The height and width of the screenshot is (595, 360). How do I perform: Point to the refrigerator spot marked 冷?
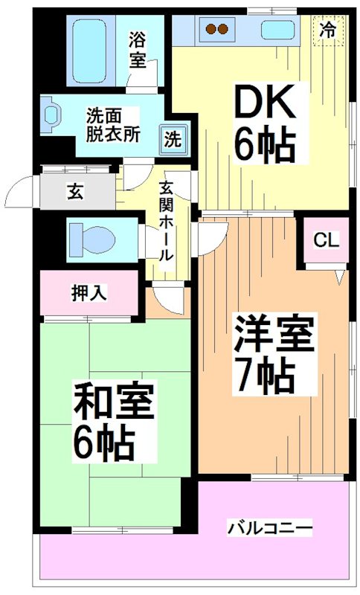pos(327,30)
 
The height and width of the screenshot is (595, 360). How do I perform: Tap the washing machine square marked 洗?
pos(172,138)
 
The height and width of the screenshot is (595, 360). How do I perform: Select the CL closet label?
pos(325,239)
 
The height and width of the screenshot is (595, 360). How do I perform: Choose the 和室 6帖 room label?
pos(113,419)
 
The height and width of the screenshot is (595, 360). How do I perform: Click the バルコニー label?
pos(270,528)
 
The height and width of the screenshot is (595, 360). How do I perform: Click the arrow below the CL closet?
pos(338,275)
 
